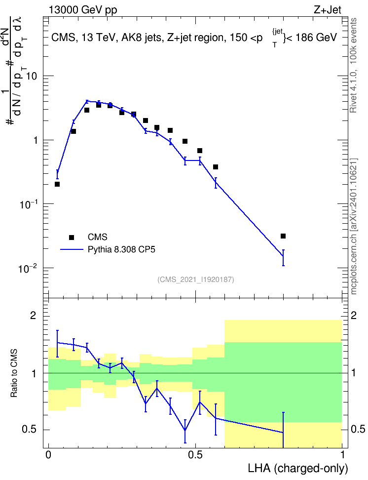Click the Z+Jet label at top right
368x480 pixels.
(328, 10)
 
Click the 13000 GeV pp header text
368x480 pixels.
(83, 10)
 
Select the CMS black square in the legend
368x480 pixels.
(72, 237)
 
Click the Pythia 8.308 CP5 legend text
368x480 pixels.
(121, 249)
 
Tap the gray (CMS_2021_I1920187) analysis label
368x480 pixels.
(196, 279)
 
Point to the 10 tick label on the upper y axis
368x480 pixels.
(31, 76)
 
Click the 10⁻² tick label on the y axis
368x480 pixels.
(28, 269)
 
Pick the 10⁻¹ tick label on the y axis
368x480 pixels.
(28, 204)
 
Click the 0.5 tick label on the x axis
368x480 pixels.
(195, 455)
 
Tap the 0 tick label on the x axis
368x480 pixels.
(48, 455)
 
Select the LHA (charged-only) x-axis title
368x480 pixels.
(297, 468)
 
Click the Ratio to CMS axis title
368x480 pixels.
(14, 373)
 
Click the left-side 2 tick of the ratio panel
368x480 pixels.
(33, 316)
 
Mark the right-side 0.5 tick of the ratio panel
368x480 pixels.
(358, 429)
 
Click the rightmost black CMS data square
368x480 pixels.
(283, 236)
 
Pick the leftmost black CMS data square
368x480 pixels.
(57, 184)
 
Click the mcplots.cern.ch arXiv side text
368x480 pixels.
(354, 226)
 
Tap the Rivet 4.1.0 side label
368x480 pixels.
(353, 65)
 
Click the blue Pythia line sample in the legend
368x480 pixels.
(72, 249)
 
